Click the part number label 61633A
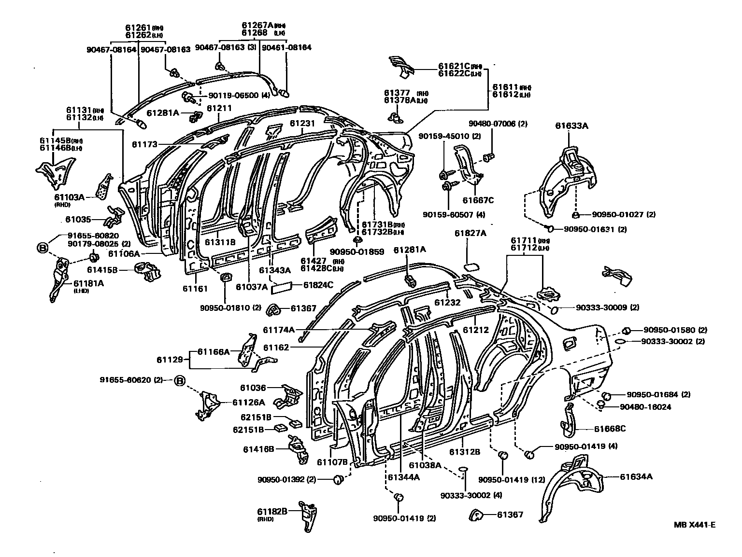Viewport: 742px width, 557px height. [x=571, y=126]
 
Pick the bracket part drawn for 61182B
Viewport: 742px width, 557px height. [x=308, y=515]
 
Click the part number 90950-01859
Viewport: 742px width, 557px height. [x=357, y=251]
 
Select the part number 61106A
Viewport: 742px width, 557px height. [x=124, y=253]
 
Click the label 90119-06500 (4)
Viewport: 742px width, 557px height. [x=239, y=96]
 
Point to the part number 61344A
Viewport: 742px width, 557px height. [x=403, y=477]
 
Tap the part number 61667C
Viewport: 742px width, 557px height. [x=478, y=200]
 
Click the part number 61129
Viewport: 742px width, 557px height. [x=170, y=360]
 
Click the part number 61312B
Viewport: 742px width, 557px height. [x=464, y=452]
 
